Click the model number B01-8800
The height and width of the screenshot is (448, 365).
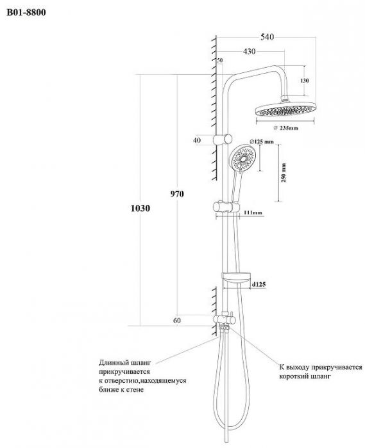point(26,13)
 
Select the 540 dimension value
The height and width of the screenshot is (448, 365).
point(267,37)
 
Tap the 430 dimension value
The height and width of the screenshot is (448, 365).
point(250,51)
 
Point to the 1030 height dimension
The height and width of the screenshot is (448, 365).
point(140,208)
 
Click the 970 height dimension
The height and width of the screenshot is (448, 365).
point(177,194)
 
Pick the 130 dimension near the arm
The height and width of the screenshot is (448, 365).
point(305,81)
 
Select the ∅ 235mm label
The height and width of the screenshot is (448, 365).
point(285,128)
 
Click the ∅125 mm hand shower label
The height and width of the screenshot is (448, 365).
point(262,141)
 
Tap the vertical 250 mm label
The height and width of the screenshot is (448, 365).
point(284,173)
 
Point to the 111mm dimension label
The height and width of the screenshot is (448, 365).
point(253,212)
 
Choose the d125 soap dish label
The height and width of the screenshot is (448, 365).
point(259,284)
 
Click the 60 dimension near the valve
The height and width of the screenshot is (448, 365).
point(177,321)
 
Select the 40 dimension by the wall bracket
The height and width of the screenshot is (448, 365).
point(197,140)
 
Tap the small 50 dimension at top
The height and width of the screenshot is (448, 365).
point(220,60)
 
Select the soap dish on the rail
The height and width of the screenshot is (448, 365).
point(236,278)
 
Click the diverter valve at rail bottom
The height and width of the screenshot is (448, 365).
point(225,319)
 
